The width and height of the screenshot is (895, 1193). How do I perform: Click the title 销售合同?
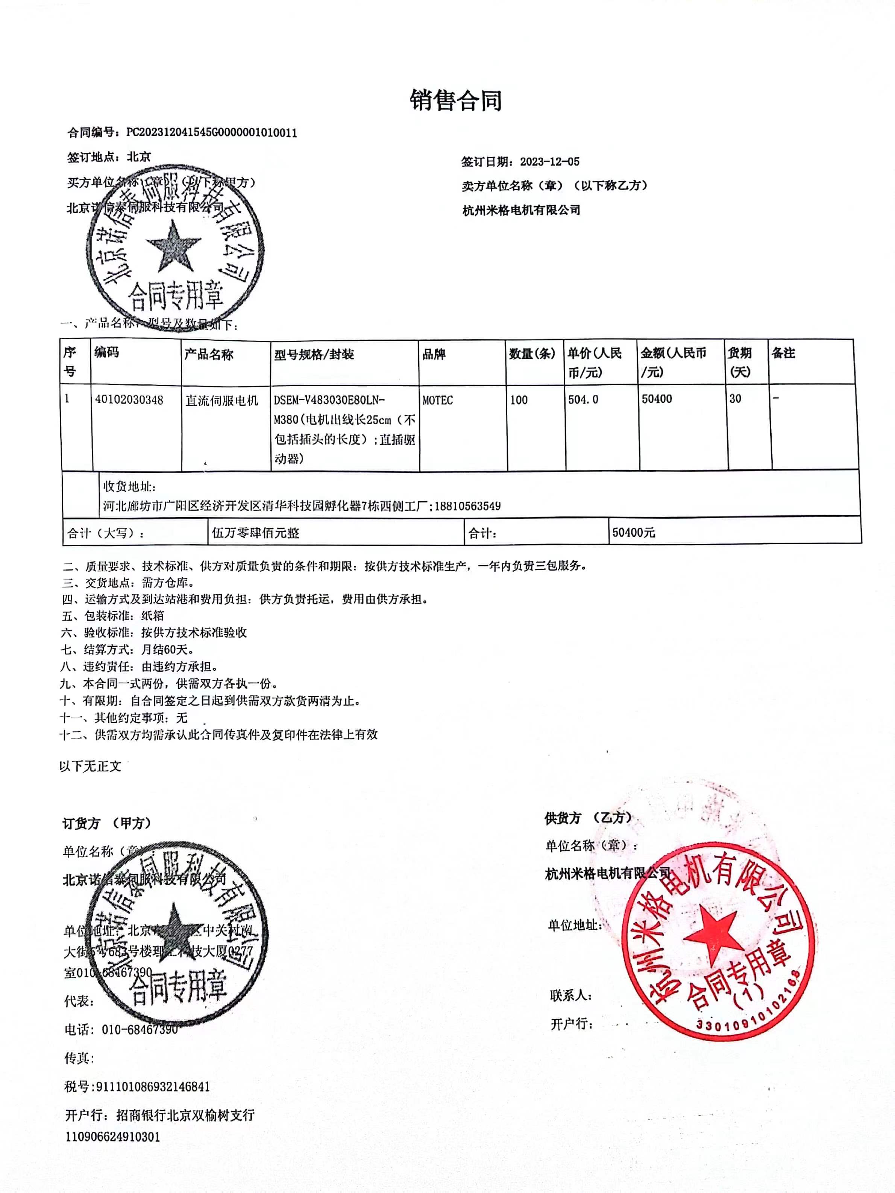[x=456, y=100]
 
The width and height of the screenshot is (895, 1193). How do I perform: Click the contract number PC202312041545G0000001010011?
[x=211, y=133]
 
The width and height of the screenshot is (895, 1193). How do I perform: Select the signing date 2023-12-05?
[x=549, y=162]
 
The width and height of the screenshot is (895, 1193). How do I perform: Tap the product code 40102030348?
[x=129, y=400]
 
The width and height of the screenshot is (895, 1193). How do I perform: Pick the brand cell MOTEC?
[x=437, y=400]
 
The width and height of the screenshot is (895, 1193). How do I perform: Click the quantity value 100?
[x=519, y=400]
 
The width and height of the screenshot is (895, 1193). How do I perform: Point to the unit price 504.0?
[x=583, y=400]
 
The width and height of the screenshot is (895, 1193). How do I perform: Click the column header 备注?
[x=783, y=353]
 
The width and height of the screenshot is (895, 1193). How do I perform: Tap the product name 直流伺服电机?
[x=221, y=401]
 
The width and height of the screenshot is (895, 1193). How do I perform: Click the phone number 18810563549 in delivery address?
[x=467, y=506]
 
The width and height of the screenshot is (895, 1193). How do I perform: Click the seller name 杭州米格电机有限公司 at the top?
[x=521, y=210]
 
